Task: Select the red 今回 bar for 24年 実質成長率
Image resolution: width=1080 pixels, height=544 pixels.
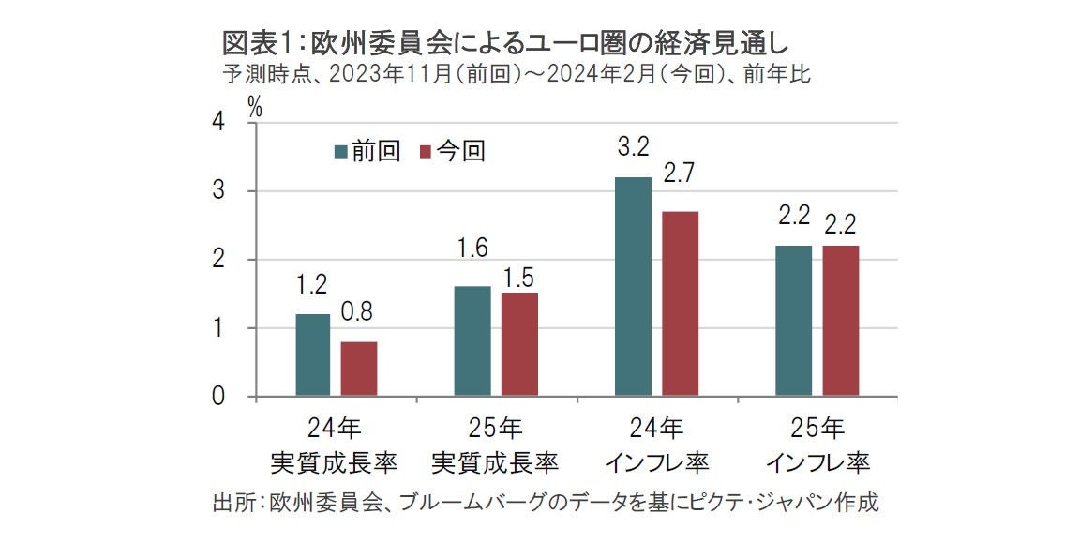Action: (359, 369)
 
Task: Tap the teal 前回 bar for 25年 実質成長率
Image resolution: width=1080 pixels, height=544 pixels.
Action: (472, 340)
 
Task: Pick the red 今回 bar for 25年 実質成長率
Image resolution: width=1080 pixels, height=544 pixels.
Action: (519, 344)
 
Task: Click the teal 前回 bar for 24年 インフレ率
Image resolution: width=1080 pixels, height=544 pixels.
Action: (633, 286)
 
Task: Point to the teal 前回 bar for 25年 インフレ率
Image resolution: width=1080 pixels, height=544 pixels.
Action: (793, 320)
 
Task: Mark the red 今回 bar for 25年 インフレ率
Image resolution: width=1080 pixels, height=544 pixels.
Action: (841, 320)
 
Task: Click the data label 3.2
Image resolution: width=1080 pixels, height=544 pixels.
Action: (633, 146)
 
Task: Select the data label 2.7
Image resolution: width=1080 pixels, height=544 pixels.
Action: (680, 174)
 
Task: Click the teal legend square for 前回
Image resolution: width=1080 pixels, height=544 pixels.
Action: (341, 152)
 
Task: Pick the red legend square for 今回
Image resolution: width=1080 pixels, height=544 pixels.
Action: (424, 152)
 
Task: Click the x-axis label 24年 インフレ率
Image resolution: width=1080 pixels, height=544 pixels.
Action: (656, 446)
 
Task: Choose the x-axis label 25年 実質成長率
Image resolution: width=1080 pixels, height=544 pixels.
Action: (496, 446)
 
